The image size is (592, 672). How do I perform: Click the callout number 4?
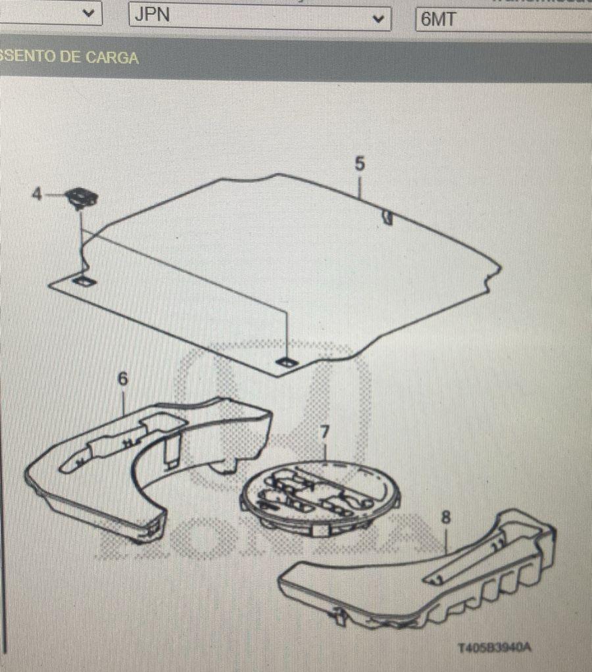(37, 194)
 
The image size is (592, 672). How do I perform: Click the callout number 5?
(359, 164)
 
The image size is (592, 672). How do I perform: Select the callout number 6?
(122, 379)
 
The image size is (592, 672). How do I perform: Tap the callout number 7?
(324, 432)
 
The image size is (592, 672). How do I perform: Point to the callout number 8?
(446, 517)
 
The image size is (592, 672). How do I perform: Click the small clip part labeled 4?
(82, 197)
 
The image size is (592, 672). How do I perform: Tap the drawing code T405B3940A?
(494, 648)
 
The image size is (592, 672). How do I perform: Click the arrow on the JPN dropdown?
(378, 18)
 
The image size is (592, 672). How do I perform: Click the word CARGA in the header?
(112, 57)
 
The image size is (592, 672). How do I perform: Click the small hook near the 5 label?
(387, 217)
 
